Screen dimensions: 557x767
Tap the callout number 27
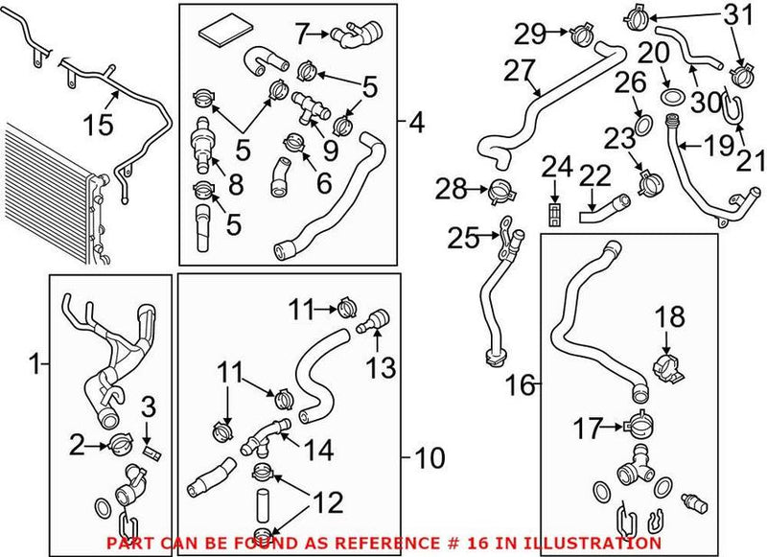(517, 72)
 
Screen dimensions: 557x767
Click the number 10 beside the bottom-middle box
(430, 458)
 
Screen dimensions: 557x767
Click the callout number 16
(522, 385)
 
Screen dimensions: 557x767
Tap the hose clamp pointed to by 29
(580, 37)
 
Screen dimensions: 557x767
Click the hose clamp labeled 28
(500, 190)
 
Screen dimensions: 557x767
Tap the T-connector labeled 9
(308, 107)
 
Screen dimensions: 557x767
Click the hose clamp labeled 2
(122, 443)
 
